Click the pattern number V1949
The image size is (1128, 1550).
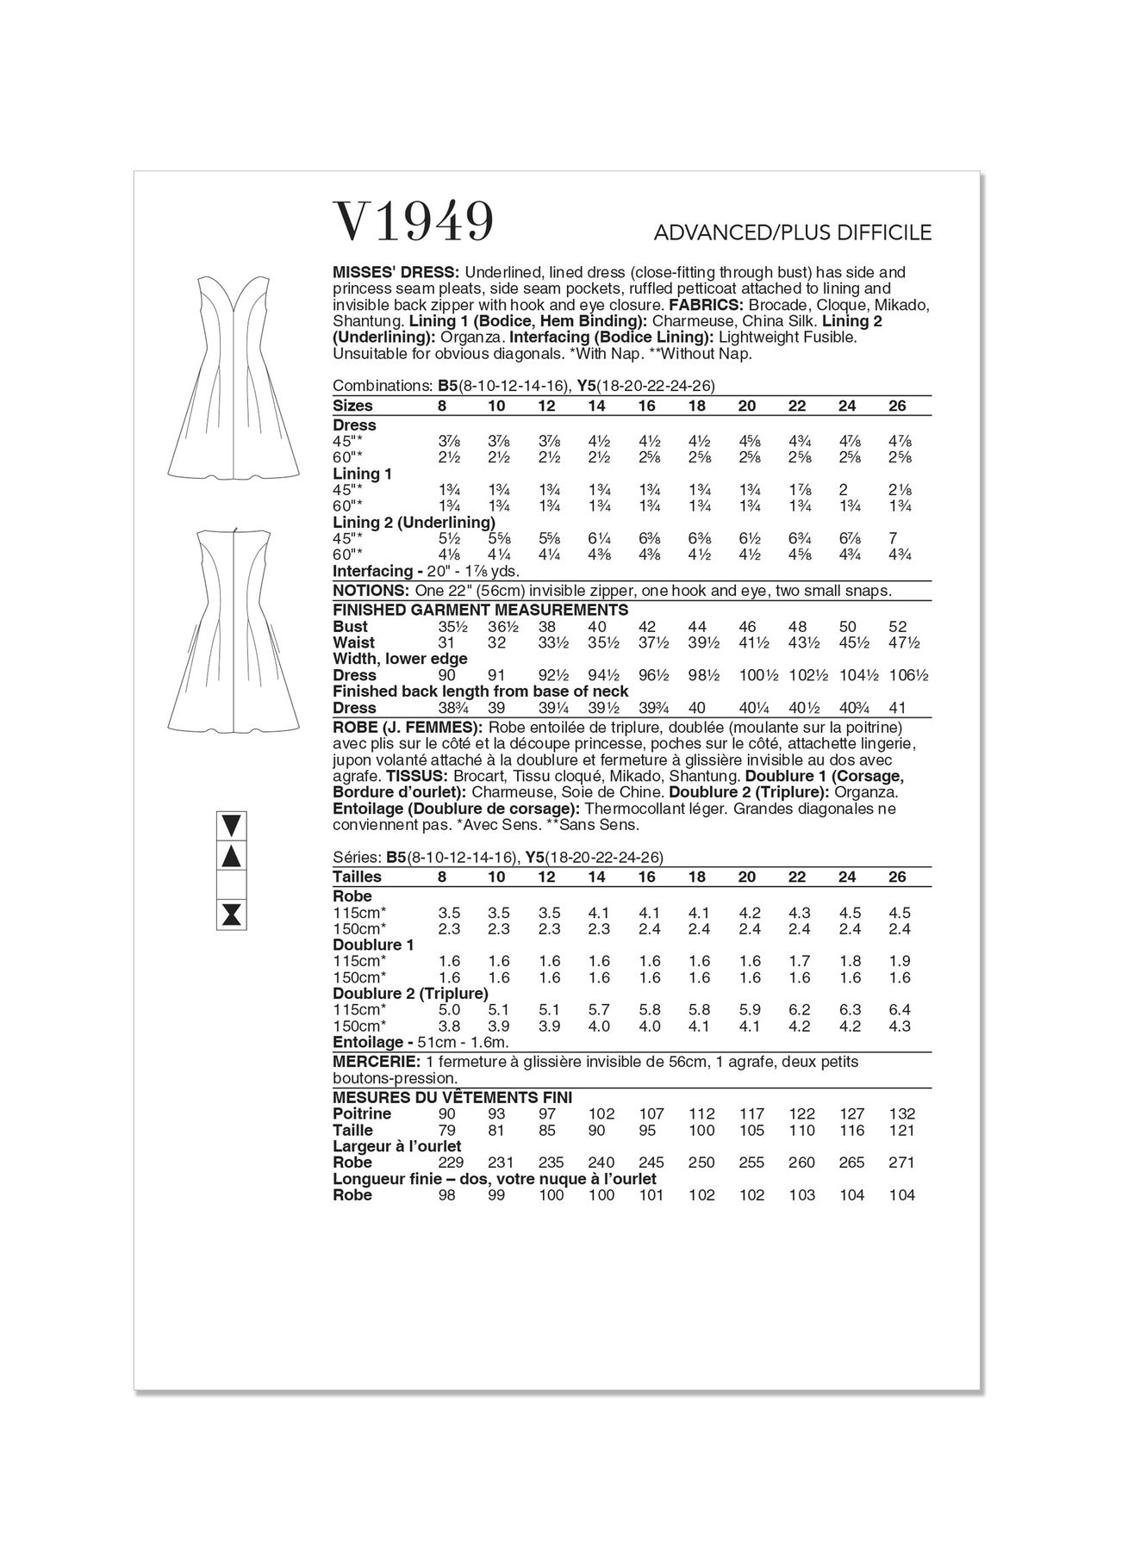[x=414, y=222]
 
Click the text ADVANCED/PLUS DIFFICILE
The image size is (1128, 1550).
[x=793, y=232]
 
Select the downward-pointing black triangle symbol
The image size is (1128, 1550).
[x=231, y=826]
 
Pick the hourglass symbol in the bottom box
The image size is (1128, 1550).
[x=231, y=914]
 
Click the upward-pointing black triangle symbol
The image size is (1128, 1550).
[x=231, y=856]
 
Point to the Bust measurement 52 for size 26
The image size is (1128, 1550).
[x=897, y=627]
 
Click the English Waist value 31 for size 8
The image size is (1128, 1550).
[x=446, y=643]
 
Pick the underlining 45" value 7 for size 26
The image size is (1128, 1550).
[x=893, y=539]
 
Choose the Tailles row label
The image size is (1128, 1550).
[x=358, y=877]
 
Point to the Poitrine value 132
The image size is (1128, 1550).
[x=901, y=1114]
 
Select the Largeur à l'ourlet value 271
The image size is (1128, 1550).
[x=901, y=1163]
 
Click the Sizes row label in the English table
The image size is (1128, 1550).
[x=352, y=406]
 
